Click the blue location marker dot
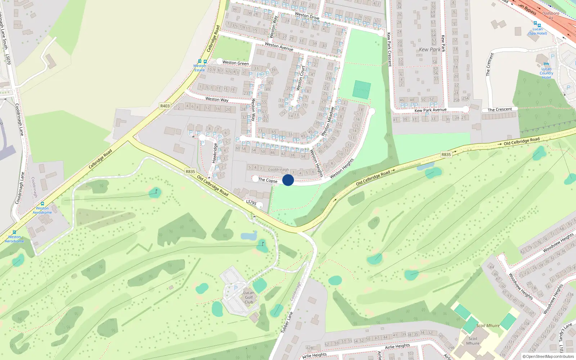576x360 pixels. point(288,180)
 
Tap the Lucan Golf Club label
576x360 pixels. point(249,297)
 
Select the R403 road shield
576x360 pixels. point(165,106)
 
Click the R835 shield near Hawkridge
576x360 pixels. point(190,172)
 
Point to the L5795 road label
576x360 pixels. point(251,203)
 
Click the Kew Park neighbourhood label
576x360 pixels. point(429,50)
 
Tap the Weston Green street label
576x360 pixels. point(235,63)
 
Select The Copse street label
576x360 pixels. point(267,180)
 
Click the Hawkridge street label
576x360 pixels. point(215,153)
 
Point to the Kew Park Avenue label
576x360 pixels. point(430,110)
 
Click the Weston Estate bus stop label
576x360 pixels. point(199,68)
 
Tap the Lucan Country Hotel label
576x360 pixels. point(546,73)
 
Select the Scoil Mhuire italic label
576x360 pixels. point(488,325)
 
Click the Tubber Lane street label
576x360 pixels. point(287,322)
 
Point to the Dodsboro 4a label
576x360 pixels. point(551,15)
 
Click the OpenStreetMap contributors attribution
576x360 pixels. point(548,356)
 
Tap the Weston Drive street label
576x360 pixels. point(307,15)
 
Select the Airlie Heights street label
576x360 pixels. point(397,346)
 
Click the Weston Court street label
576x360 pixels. point(301,78)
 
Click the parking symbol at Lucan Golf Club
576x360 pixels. point(236,288)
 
